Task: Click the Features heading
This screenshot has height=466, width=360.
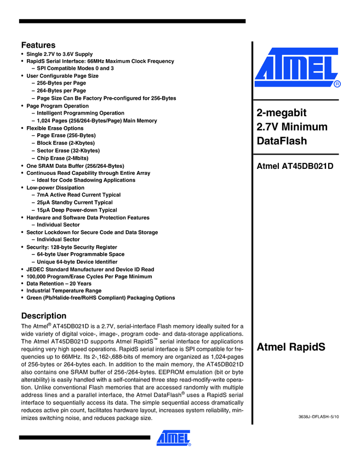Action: click(38, 45)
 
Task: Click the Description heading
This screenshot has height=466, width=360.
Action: click(43, 316)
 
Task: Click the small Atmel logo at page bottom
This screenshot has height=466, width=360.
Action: click(174, 437)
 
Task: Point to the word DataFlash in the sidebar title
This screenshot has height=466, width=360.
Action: click(282, 141)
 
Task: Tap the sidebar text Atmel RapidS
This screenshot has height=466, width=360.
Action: click(291, 347)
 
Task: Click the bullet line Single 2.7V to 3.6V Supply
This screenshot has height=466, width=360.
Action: click(59, 54)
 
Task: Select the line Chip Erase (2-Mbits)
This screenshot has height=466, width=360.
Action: click(62, 158)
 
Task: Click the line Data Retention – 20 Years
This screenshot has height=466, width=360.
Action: click(59, 283)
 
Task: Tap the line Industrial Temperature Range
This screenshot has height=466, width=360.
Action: click(64, 291)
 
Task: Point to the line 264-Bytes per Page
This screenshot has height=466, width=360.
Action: click(61, 91)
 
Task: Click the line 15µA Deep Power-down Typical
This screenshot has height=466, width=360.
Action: click(77, 210)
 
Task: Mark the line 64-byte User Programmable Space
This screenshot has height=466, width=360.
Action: click(81, 254)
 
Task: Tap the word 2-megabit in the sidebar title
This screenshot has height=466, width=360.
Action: click(281, 113)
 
